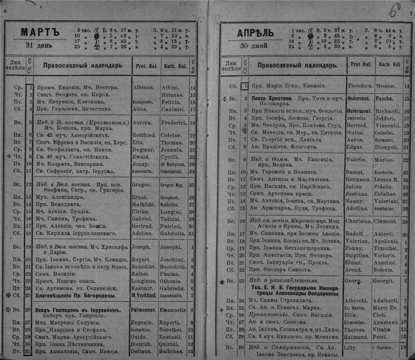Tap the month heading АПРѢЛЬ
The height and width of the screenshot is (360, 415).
pyautogui.click(x=255, y=33)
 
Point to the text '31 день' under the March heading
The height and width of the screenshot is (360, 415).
pyautogui.click(x=37, y=45)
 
